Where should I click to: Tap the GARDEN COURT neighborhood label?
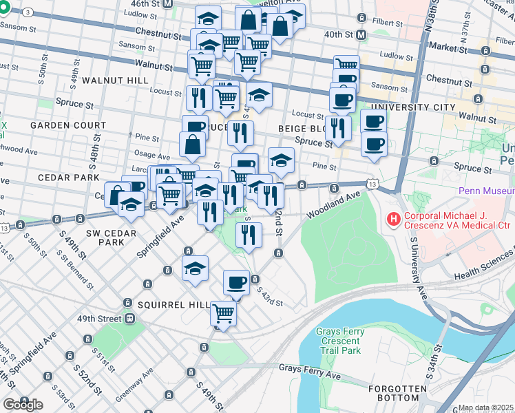click(67, 125)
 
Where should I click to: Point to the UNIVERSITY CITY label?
click(412, 107)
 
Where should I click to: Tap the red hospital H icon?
click(393, 220)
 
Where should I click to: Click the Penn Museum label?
click(485, 191)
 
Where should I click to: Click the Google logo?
click(22, 404)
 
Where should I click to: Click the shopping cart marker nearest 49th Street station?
click(223, 313)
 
